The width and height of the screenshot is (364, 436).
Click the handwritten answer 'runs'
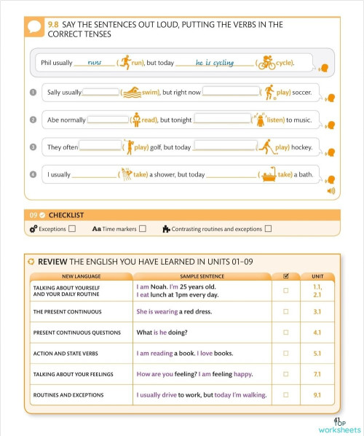coord(94,63)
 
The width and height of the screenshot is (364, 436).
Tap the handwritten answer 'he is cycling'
coord(215,63)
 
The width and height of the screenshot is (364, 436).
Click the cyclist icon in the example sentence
coord(266,63)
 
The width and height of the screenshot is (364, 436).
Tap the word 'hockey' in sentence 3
coord(301,147)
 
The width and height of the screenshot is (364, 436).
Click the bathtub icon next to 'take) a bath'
coord(269,174)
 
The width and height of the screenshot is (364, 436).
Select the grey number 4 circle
coord(33,174)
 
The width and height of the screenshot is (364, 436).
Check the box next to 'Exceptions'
coord(72,229)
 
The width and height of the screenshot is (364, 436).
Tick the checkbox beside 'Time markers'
coord(143,229)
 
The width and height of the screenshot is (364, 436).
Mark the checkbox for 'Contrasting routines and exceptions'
coord(268,229)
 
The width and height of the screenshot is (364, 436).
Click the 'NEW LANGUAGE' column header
coord(81,276)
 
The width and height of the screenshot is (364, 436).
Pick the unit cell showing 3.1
coord(317,311)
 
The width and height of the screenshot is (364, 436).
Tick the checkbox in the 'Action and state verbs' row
coord(285,354)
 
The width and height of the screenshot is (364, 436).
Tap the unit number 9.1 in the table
coord(317,395)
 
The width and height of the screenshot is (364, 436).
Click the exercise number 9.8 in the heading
coord(53,24)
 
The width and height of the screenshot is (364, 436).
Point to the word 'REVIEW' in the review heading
coord(52,262)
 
